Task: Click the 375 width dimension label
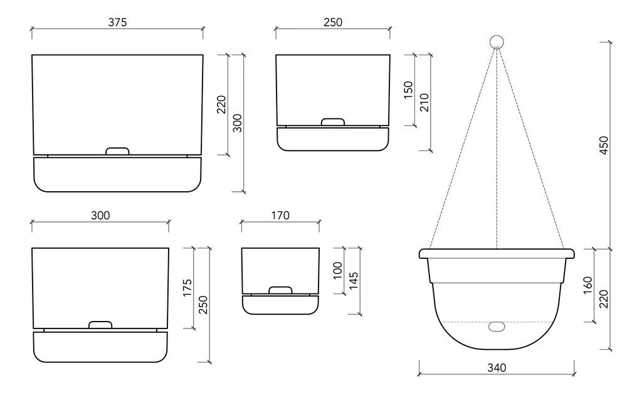[x=117, y=22]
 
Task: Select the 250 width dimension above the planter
[x=332, y=22]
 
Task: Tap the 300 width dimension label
[x=100, y=215]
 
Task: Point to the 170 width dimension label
[x=280, y=215]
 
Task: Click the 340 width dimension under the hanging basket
[x=496, y=368]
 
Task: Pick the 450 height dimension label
[x=604, y=145]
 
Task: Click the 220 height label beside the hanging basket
[x=604, y=299]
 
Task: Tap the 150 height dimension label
[x=409, y=90]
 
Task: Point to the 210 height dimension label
[x=424, y=102]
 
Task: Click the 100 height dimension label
[x=339, y=271]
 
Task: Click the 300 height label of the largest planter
[x=238, y=123]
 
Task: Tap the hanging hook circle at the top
[x=497, y=42]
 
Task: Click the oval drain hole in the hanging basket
[x=497, y=327]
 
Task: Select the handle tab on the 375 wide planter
[x=117, y=151]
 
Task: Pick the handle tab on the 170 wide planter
[x=280, y=290]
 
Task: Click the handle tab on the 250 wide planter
[x=333, y=122]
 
